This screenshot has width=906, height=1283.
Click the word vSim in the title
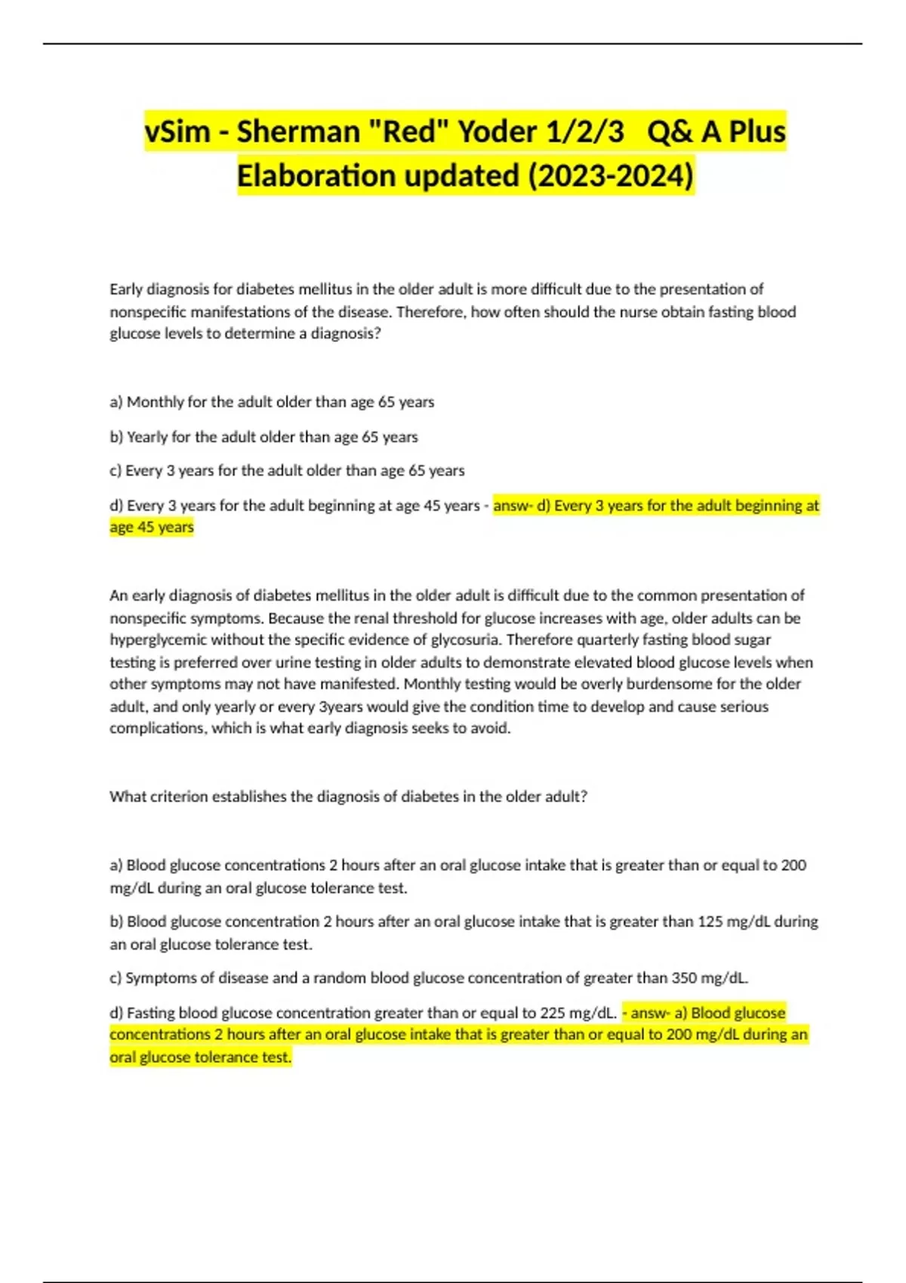point(177,131)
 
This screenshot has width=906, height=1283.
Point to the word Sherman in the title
point(298,131)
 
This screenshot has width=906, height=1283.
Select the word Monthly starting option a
point(155,402)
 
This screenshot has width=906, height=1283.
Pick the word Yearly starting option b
point(147,437)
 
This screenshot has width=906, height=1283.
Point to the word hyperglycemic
point(158,640)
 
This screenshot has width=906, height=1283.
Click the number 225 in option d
point(553,1013)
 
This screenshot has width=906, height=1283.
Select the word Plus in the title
point(757,131)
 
